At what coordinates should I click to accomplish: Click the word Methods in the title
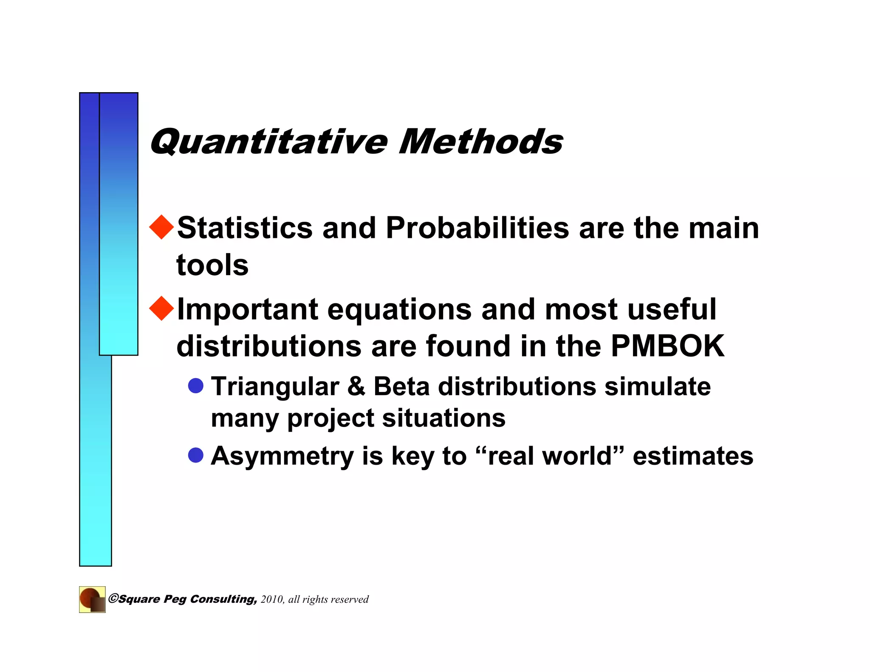pos(481,142)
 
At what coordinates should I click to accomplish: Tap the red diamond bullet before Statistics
pos(162,227)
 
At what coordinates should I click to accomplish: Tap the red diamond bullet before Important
pos(162,308)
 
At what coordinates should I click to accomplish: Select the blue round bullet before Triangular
pos(196,386)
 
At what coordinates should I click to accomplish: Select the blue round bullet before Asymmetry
pos(196,455)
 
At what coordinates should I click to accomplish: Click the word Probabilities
pos(477,228)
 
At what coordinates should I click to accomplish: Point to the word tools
pos(212,265)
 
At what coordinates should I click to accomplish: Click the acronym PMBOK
pos(667,346)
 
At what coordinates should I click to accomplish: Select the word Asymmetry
pos(282,456)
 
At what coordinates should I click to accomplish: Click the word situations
pos(444,418)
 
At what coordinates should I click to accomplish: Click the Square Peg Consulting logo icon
pos(92,599)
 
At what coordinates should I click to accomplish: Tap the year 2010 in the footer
pos(272,599)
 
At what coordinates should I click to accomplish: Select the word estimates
pos(693,456)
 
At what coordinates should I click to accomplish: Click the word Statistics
pos(245,228)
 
